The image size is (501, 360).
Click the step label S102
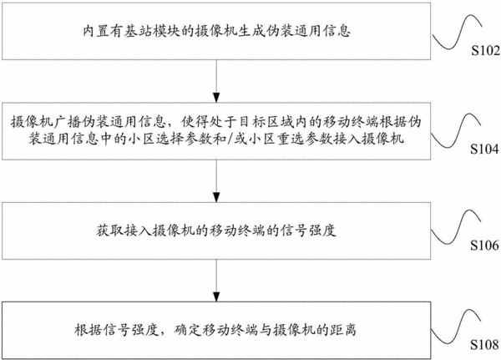[x=485, y=50]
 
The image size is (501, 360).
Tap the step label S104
[x=484, y=149]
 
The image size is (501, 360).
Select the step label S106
[x=484, y=246]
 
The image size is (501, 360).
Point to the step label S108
[x=484, y=345]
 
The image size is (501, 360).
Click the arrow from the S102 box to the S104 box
[x=216, y=81]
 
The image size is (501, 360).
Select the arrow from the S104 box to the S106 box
[x=216, y=180]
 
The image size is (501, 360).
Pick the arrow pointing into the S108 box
[x=216, y=280]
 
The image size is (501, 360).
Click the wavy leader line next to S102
[x=457, y=32]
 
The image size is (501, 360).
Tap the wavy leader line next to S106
[x=456, y=227]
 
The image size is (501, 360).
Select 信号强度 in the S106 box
[x=308, y=231]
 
